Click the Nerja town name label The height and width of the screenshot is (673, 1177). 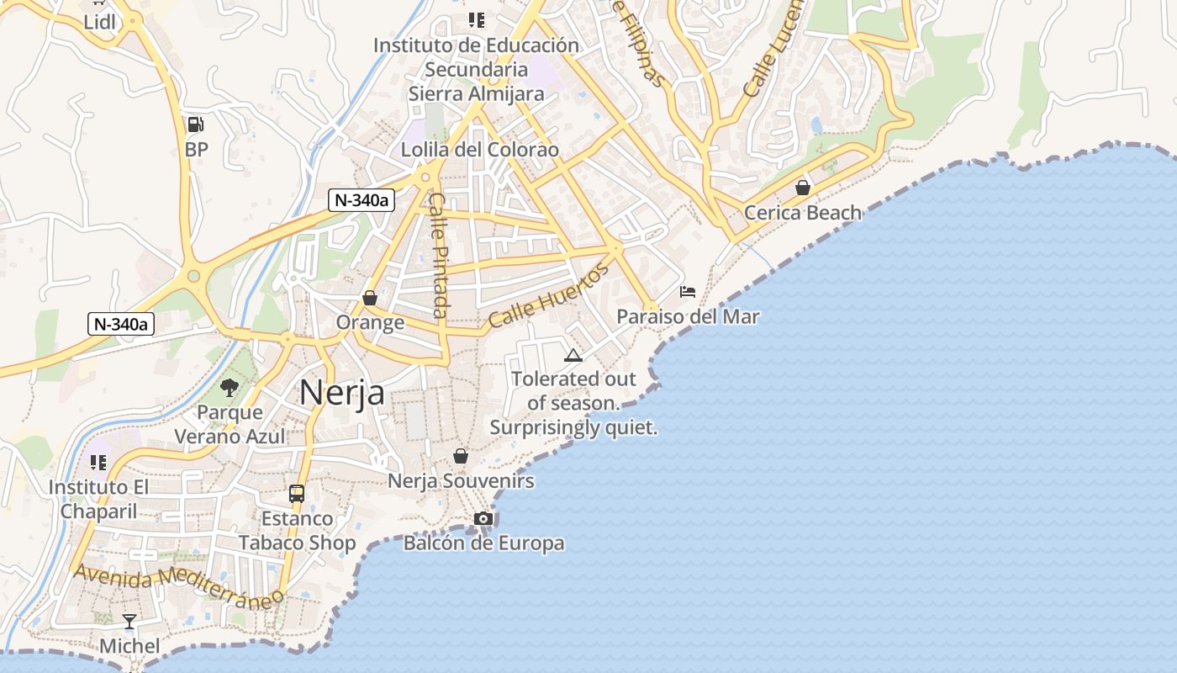tap(341, 393)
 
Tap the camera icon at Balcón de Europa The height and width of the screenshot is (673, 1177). tap(483, 518)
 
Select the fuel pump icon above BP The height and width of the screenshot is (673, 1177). tap(195, 125)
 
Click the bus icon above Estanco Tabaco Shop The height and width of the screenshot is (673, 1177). tap(297, 494)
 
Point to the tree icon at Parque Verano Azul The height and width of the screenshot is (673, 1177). tap(229, 388)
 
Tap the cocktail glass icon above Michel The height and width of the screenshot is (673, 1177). tap(129, 622)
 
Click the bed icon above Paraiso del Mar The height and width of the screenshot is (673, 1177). tap(688, 292)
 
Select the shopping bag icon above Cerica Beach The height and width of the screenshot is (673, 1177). tap(803, 187)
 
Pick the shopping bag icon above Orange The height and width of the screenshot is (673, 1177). tap(370, 298)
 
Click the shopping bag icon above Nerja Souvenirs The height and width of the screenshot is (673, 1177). tap(461, 456)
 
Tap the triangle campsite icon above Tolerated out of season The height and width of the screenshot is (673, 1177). tap(573, 355)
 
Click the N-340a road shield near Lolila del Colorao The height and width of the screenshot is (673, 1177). tap(362, 200)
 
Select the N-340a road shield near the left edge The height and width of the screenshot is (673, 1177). tap(121, 324)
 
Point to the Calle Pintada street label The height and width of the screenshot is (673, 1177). tap(440, 255)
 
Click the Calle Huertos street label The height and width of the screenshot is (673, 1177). tap(548, 297)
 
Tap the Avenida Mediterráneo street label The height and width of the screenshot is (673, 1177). tap(179, 586)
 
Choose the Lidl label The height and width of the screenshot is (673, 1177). tap(99, 23)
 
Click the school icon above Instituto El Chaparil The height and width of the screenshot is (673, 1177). tap(98, 463)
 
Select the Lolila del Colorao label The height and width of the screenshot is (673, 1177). tap(480, 150)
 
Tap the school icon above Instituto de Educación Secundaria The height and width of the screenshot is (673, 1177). tap(477, 19)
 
